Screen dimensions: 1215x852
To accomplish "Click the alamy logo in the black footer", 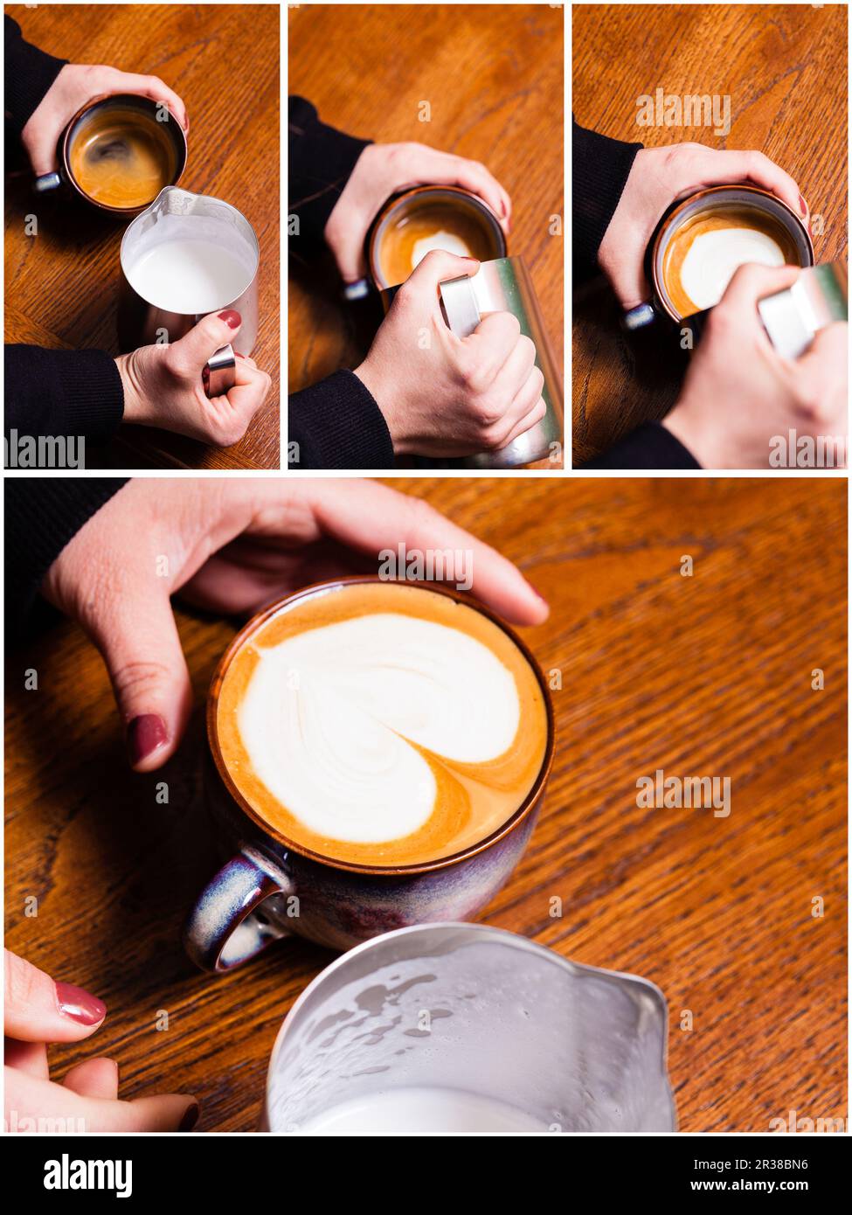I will click(87, 1175).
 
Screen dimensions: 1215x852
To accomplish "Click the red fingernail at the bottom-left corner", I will click(80, 1003).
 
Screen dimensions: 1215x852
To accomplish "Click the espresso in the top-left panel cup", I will click(121, 157).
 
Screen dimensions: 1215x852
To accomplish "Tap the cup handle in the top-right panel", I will click(638, 315).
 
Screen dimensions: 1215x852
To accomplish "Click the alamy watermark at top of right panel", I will click(682, 111).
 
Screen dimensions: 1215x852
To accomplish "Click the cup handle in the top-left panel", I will click(47, 181).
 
